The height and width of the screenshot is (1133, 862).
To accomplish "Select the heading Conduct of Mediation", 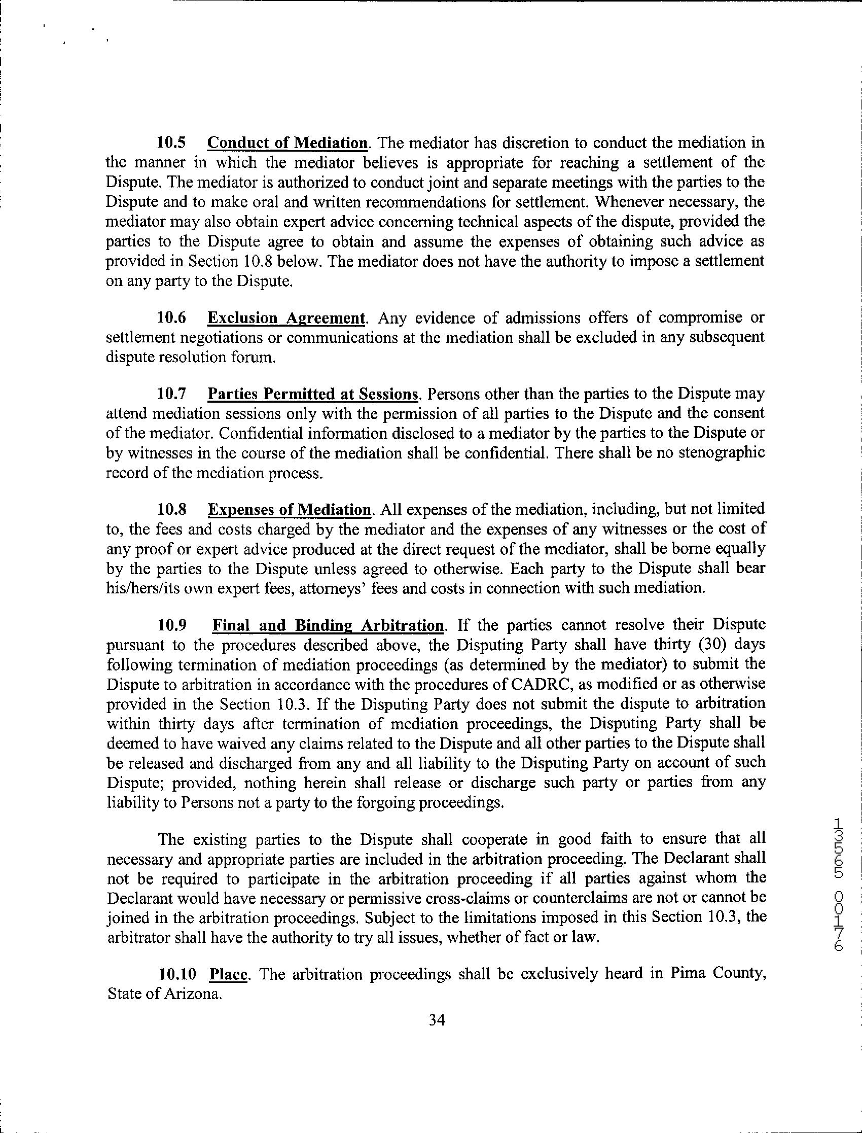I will point(288,142).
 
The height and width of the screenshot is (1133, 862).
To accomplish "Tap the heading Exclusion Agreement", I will point(286,318).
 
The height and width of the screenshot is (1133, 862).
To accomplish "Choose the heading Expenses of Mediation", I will point(290,510).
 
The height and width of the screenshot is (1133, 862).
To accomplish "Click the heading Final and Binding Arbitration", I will point(329,625).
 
